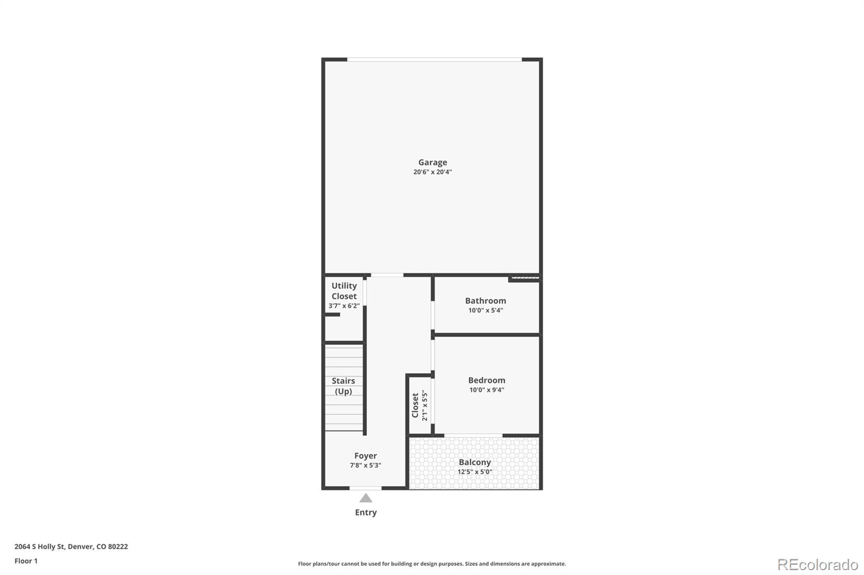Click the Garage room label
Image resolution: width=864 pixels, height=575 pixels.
pyautogui.click(x=433, y=162)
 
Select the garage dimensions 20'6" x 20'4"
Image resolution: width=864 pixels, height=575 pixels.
pyautogui.click(x=433, y=172)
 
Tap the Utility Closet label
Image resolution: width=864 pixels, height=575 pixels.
pyautogui.click(x=344, y=291)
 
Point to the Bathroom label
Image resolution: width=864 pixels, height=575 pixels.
pyautogui.click(x=485, y=301)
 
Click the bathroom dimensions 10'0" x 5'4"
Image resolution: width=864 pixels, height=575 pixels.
pyautogui.click(x=485, y=310)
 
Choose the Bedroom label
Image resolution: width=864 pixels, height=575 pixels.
pyautogui.click(x=487, y=380)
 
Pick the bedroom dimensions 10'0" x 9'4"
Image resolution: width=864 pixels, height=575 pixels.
pyautogui.click(x=487, y=390)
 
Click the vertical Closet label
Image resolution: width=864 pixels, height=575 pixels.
pyautogui.click(x=415, y=405)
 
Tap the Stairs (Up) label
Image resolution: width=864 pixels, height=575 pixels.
pyautogui.click(x=343, y=386)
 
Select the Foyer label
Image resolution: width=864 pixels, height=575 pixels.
pyautogui.click(x=366, y=456)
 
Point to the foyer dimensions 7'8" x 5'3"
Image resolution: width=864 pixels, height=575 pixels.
pyautogui.click(x=366, y=466)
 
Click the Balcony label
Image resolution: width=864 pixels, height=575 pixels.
pyautogui.click(x=475, y=462)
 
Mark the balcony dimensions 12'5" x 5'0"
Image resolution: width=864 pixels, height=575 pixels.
pyautogui.click(x=475, y=472)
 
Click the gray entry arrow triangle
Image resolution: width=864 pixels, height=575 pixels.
pyautogui.click(x=366, y=498)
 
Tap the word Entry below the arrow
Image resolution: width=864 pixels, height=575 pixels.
pyautogui.click(x=366, y=512)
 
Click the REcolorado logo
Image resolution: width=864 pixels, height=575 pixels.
pyautogui.click(x=818, y=565)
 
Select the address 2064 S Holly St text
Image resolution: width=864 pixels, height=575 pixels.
pyautogui.click(x=71, y=546)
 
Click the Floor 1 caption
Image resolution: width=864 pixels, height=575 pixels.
pyautogui.click(x=26, y=561)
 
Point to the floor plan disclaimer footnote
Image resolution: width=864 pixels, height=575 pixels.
pyautogui.click(x=432, y=564)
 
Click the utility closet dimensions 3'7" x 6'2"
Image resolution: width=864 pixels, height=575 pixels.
pyautogui.click(x=344, y=306)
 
